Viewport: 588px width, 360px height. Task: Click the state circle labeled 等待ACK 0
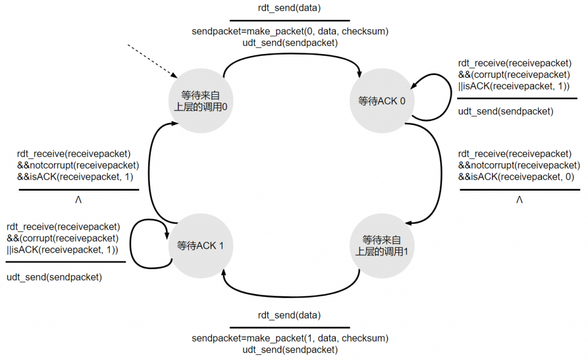[x=382, y=100]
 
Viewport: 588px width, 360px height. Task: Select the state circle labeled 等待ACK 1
[x=200, y=246]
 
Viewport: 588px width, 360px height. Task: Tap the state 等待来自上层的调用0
[x=200, y=100]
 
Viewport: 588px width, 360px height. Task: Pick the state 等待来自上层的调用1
[x=382, y=246]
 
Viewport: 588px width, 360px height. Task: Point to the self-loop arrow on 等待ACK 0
[x=451, y=98]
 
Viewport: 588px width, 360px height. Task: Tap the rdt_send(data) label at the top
[x=289, y=8]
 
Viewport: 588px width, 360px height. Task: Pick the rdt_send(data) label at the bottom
[x=289, y=315]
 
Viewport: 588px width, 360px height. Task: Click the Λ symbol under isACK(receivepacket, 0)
[x=519, y=199]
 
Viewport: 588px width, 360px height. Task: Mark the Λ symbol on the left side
[x=78, y=199]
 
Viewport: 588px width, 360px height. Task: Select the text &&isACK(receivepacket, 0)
[x=516, y=177]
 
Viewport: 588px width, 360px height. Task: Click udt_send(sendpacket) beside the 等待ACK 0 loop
[x=505, y=111]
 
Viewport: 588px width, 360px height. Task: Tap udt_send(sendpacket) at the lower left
[x=55, y=277]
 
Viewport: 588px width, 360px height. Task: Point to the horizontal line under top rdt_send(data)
[x=290, y=21]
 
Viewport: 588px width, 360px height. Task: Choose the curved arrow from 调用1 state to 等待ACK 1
[x=291, y=297]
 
